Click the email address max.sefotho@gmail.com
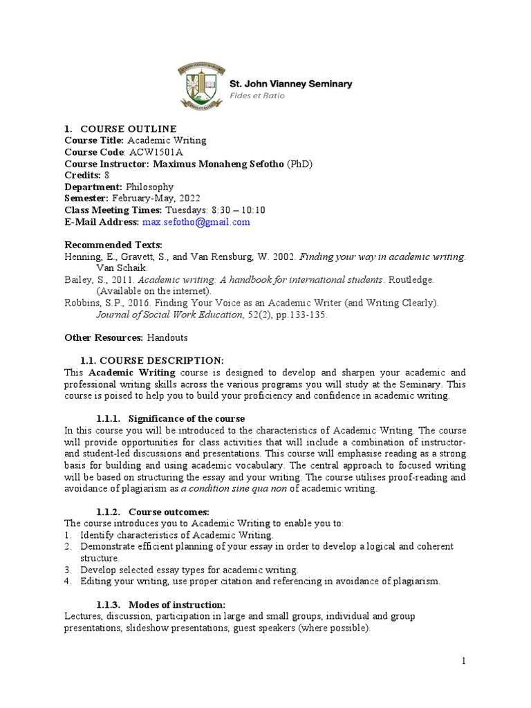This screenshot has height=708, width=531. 196,223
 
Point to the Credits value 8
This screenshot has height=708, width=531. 106,176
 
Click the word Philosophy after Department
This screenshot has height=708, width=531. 149,187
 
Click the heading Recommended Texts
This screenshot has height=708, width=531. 113,245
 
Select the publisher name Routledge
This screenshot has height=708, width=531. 411,280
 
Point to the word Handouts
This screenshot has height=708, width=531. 167,337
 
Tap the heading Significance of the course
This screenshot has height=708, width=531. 187,419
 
